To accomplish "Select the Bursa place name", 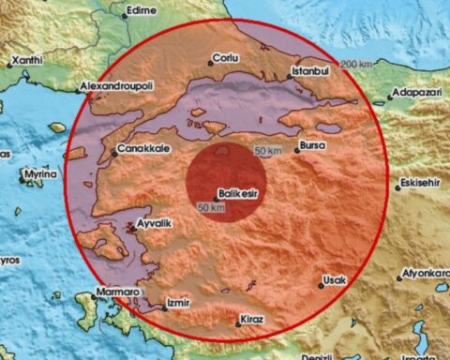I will [x=313, y=147].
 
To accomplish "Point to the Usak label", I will [x=334, y=279].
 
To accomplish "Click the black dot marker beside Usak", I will [x=320, y=286].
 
